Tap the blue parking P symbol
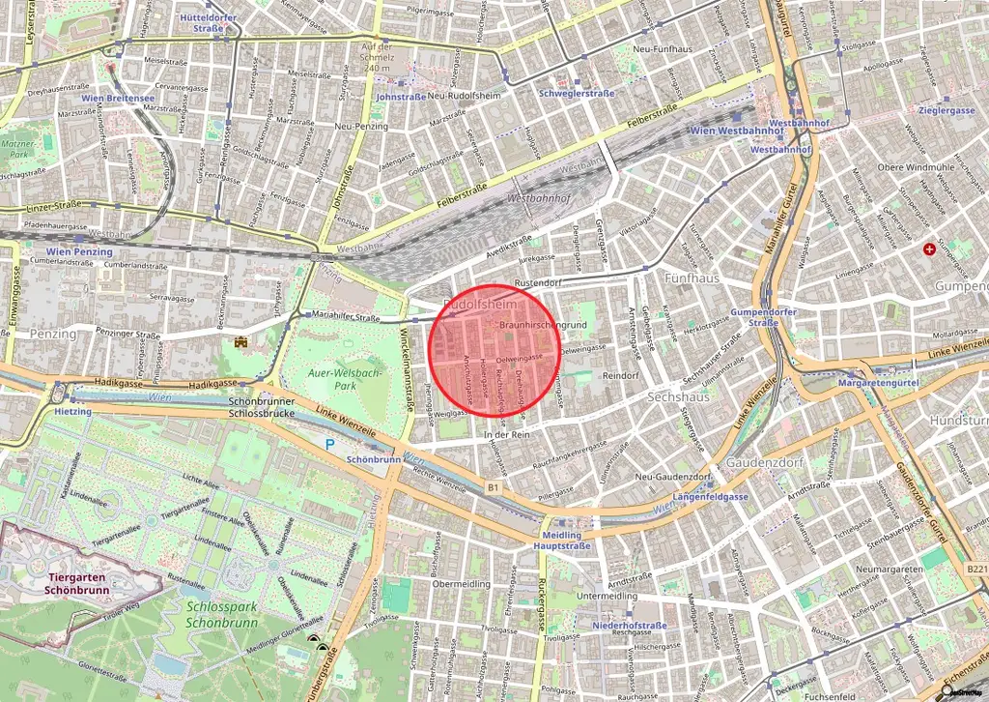[x=329, y=445]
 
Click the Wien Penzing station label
[x=79, y=251]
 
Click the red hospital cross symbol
[x=929, y=249]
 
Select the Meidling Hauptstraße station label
[x=562, y=541]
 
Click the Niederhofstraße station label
[x=630, y=626]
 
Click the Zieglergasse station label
[x=947, y=110]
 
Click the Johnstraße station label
[x=400, y=97]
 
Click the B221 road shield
[x=975, y=569]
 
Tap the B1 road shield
[x=493, y=486]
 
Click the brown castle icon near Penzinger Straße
[x=240, y=342]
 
